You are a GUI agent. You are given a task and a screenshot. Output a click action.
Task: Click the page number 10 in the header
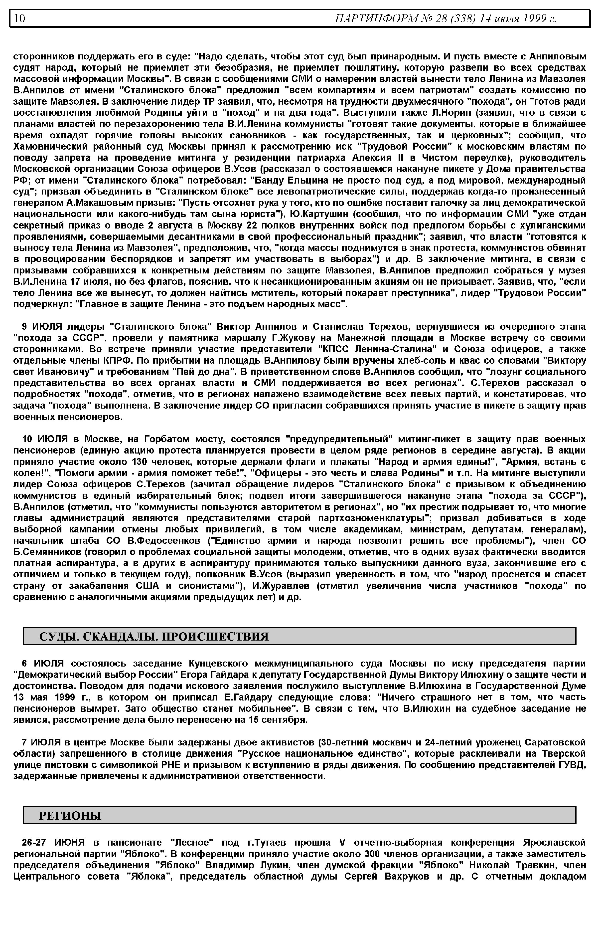coord(19,18)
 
